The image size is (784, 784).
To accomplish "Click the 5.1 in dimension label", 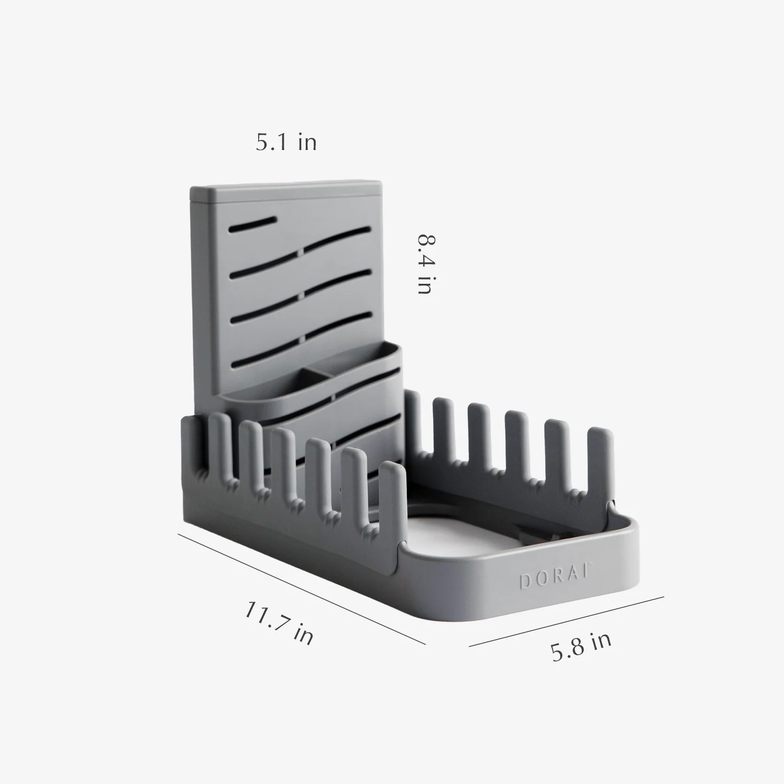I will [x=286, y=142].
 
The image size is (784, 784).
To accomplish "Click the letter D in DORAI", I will [x=524, y=582].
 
